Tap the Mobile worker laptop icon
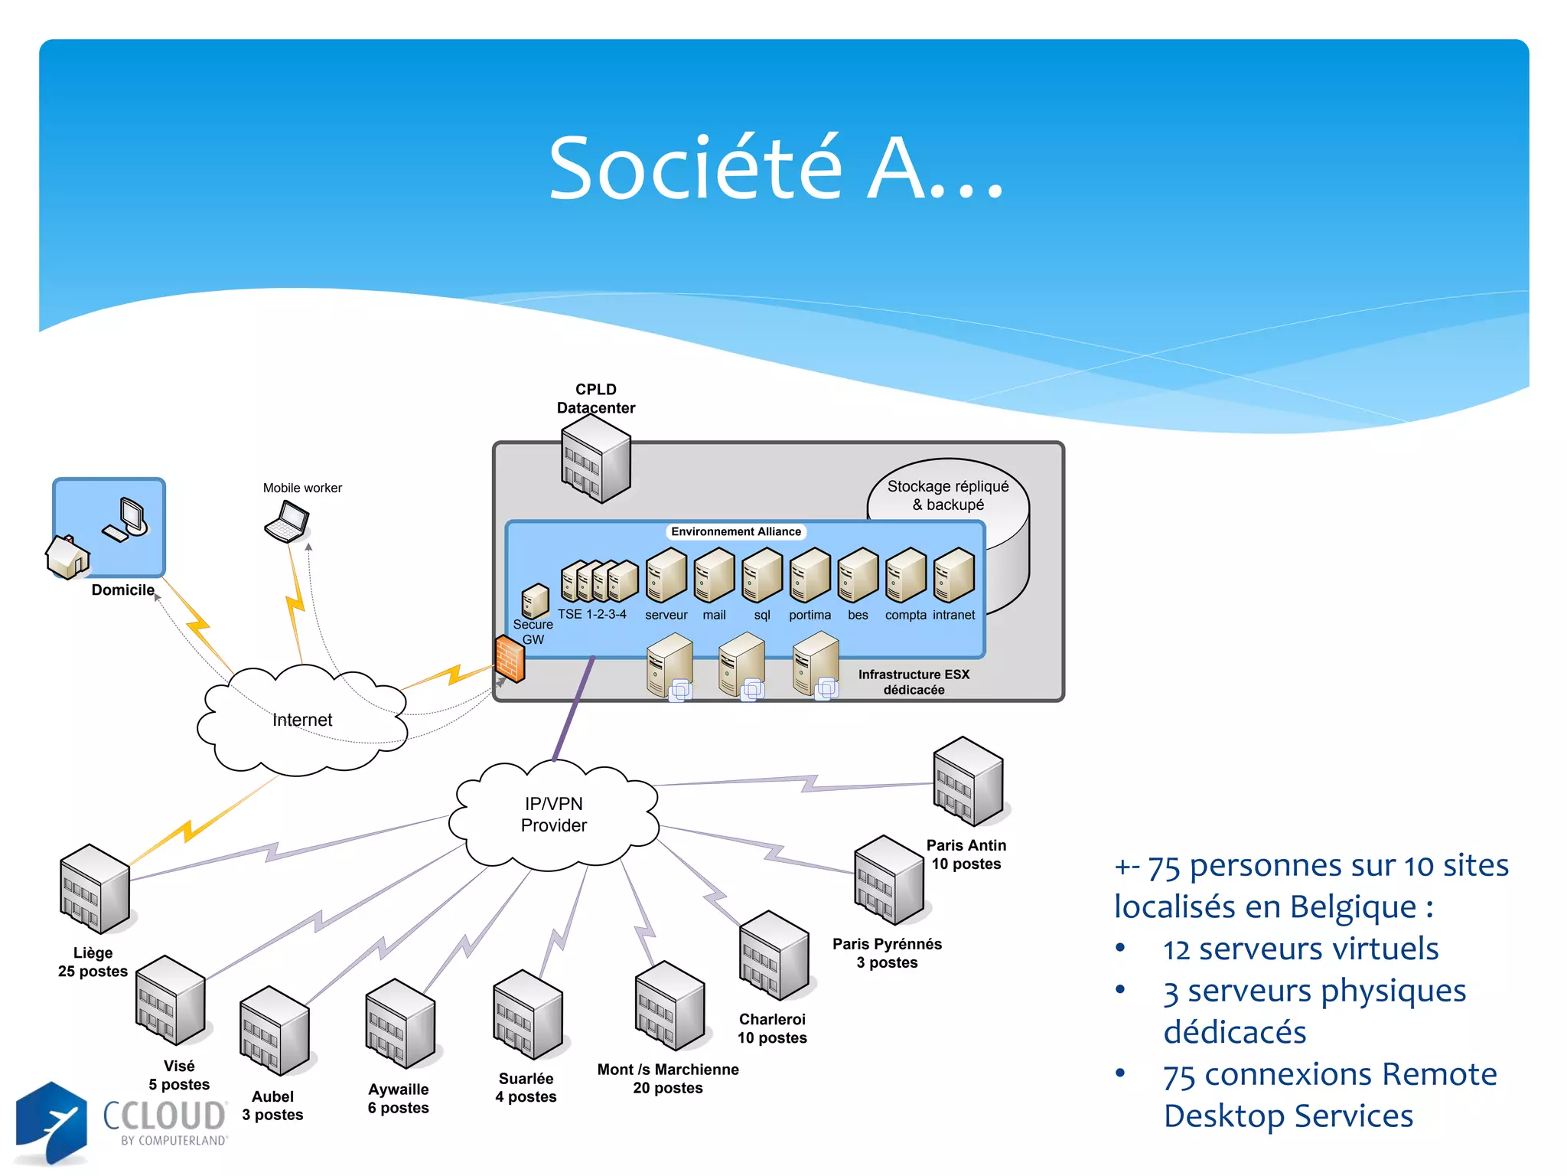tap(287, 522)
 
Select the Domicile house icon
tap(67, 557)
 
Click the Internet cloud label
tap(302, 720)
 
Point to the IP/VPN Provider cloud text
tap(554, 815)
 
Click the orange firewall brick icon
tap(510, 658)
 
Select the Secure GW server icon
tap(535, 601)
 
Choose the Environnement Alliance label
tap(735, 531)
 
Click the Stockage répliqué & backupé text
tap(948, 495)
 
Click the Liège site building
tap(94, 889)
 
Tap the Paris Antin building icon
tap(968, 782)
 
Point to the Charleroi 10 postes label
tap(772, 1028)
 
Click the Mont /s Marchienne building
tap(669, 1006)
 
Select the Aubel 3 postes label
tap(272, 1106)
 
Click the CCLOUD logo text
tap(165, 1116)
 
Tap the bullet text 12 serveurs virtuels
tap(1300, 949)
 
